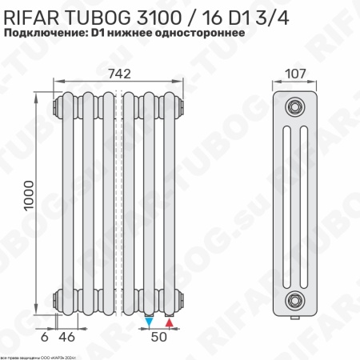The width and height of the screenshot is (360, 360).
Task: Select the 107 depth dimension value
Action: point(294,73)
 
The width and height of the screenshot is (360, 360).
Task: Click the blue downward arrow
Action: point(150,322)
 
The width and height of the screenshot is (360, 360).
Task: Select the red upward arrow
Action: point(169,322)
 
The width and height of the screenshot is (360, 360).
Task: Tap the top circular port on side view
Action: point(295,106)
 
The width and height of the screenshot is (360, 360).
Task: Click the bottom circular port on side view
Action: point(295,300)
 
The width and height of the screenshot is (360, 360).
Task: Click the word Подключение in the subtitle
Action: point(45,34)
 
